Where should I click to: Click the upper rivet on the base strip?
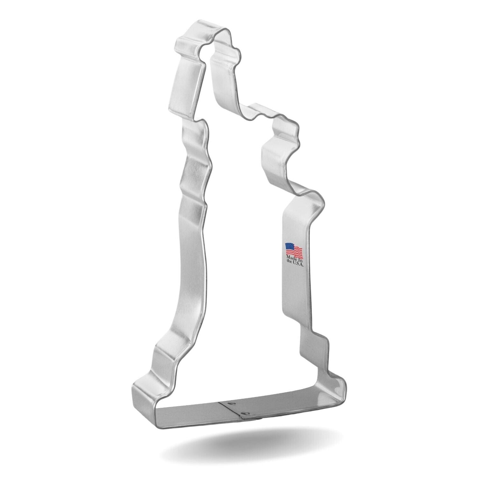(x=231, y=402)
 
